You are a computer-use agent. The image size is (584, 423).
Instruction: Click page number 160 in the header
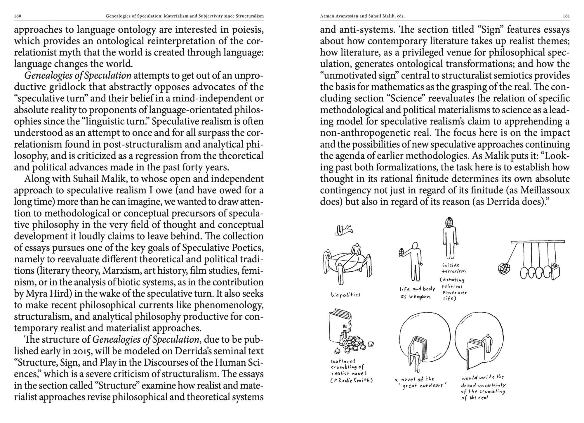click(18, 16)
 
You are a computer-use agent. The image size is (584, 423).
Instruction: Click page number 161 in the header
click(566, 16)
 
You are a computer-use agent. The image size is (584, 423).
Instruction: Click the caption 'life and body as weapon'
click(417, 293)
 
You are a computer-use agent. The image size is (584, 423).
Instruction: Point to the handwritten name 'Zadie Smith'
click(354, 380)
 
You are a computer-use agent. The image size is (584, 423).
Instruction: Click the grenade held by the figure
click(401, 252)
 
